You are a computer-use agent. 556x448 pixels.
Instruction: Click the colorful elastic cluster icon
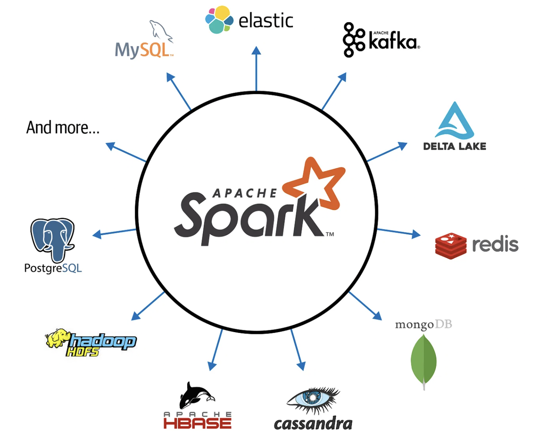(x=219, y=20)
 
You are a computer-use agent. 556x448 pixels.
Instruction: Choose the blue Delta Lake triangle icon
(x=454, y=121)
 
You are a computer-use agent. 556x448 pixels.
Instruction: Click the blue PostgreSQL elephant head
(x=52, y=239)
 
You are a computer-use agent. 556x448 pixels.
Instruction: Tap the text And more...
(x=63, y=128)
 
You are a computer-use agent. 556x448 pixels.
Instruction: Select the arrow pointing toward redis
(x=398, y=232)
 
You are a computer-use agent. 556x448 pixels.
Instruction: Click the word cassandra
(x=313, y=423)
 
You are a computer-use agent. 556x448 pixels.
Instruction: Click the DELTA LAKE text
(x=454, y=147)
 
